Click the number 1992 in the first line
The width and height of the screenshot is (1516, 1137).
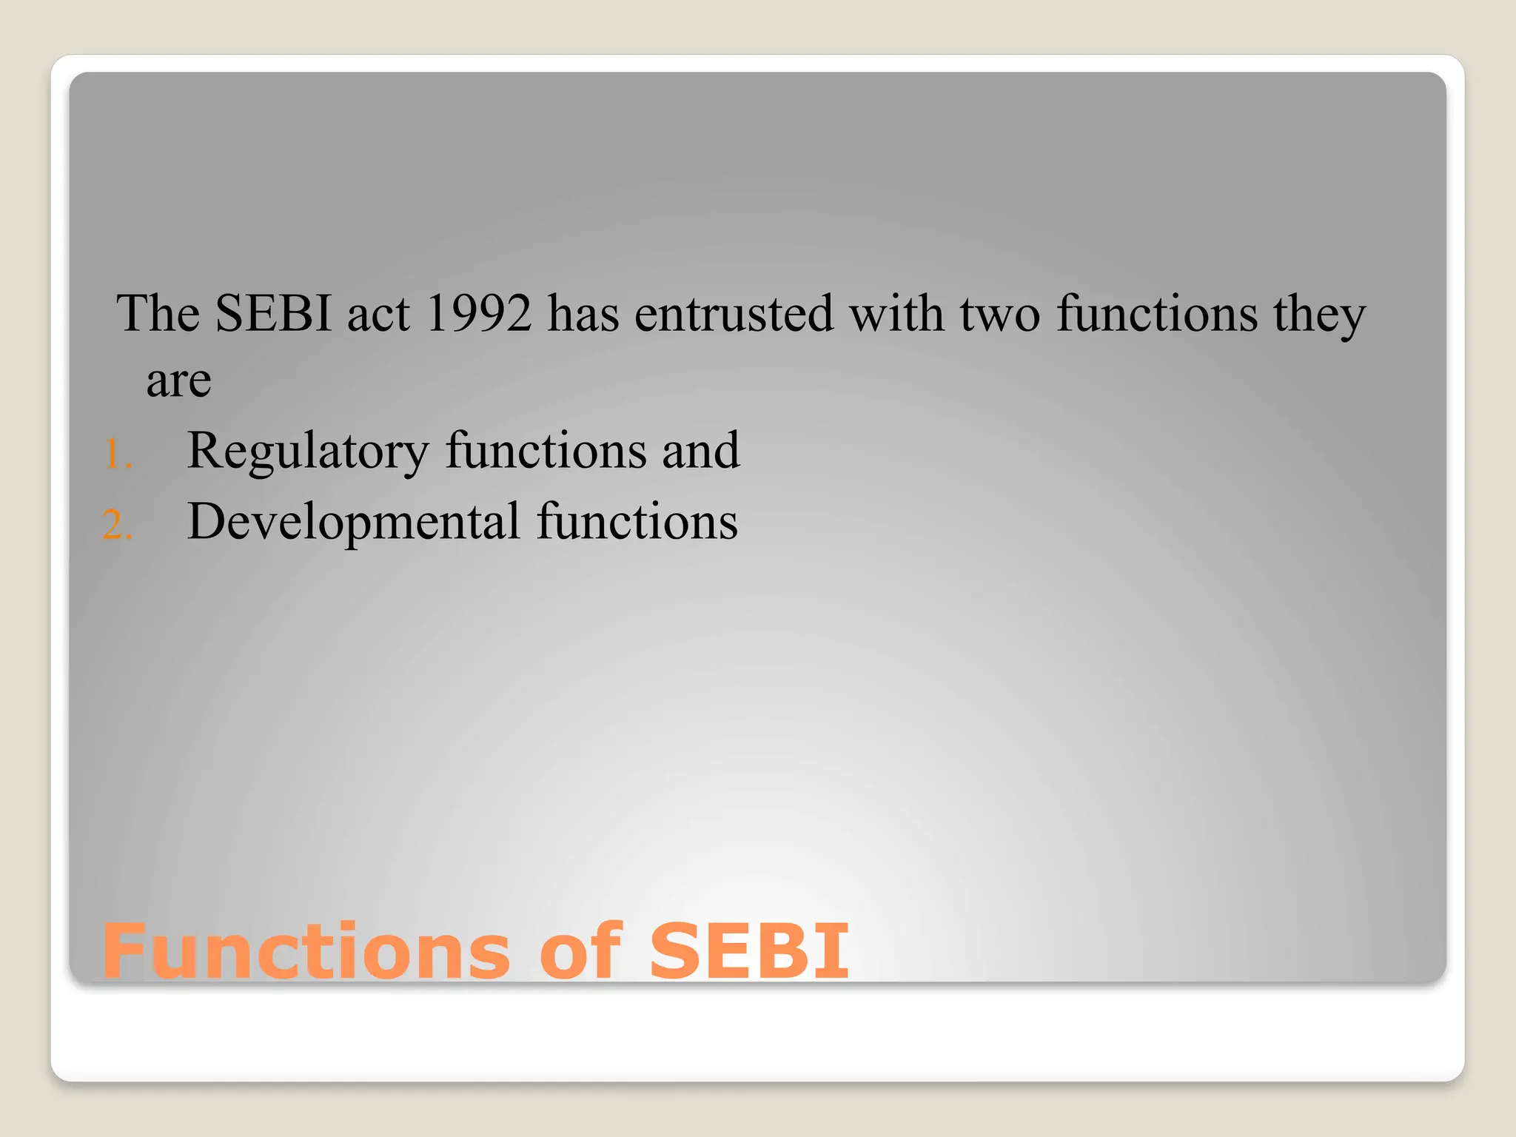pyautogui.click(x=478, y=314)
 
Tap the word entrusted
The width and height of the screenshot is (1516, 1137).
pyautogui.click(x=734, y=314)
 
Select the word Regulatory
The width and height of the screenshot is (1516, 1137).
pyautogui.click(x=308, y=451)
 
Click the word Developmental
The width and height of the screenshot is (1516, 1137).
pyautogui.click(x=354, y=522)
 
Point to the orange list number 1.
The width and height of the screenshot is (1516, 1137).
pyautogui.click(x=117, y=455)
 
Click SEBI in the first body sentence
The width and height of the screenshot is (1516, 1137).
pyautogui.click(x=273, y=314)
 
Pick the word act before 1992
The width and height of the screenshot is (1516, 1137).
pyautogui.click(x=378, y=314)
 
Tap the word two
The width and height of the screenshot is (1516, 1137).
pyautogui.click(x=1000, y=314)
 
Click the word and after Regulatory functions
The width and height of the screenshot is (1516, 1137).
pyautogui.click(x=700, y=451)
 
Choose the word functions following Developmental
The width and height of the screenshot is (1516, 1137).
pyautogui.click(x=637, y=522)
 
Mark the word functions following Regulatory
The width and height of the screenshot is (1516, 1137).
pyautogui.click(x=546, y=451)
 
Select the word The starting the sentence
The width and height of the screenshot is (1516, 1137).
pyautogui.click(x=158, y=314)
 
